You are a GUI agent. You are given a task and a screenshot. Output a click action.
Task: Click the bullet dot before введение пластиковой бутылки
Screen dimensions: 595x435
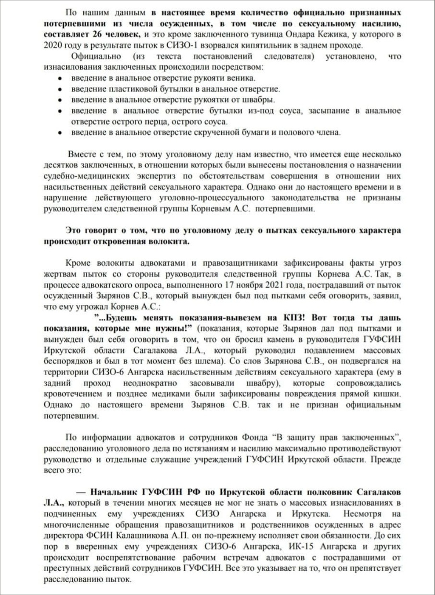tap(60, 90)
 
